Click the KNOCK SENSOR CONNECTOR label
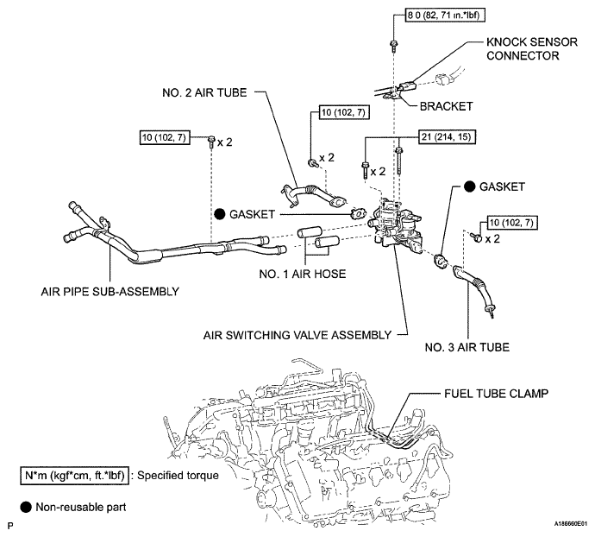532,48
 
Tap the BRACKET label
447,106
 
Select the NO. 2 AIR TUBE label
204,92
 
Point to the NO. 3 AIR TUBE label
467,347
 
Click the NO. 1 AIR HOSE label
303,274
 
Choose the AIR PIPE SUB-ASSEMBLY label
110,292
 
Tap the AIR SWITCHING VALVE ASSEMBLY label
297,335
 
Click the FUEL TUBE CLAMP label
497,394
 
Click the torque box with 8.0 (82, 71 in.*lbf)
445,16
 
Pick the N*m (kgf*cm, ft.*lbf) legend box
74,476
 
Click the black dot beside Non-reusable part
26,507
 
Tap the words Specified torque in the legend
178,476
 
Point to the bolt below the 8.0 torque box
393,46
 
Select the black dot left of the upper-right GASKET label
470,186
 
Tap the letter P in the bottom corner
10,526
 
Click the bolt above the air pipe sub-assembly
211,142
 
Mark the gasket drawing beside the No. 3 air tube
440,261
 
